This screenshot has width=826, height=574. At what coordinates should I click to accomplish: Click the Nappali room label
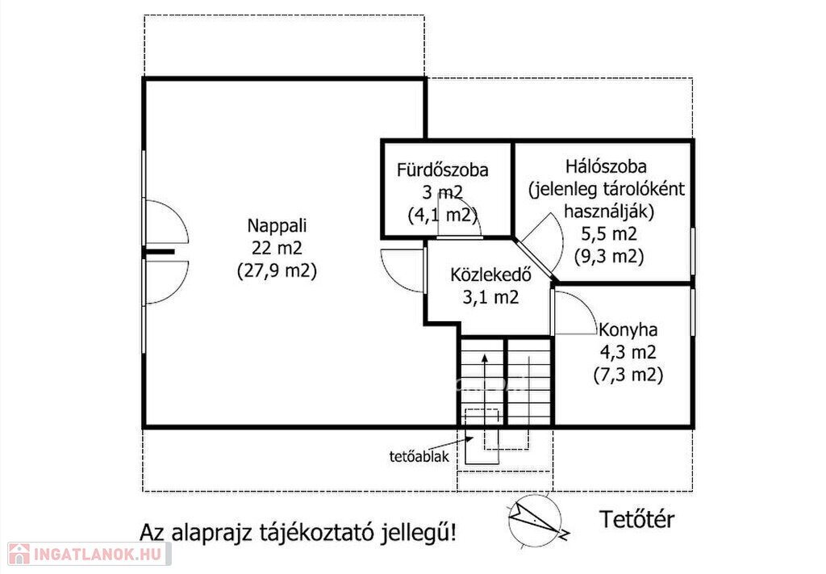277,225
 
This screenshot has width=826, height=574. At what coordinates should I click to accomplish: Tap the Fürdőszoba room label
443,170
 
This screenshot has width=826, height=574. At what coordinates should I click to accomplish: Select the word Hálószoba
606,166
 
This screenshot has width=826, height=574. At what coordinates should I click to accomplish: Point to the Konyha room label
628,330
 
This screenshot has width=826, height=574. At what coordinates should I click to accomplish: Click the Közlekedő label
490,274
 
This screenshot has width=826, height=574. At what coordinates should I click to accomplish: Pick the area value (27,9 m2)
277,271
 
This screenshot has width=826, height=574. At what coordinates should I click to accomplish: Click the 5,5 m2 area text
609,233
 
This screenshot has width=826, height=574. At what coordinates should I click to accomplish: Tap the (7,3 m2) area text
628,375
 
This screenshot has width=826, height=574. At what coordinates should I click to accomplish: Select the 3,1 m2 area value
490,297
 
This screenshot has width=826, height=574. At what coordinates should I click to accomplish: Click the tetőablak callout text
419,456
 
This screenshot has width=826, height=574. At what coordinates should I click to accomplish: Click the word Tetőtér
636,520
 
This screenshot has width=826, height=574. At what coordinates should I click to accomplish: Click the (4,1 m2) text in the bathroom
443,215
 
